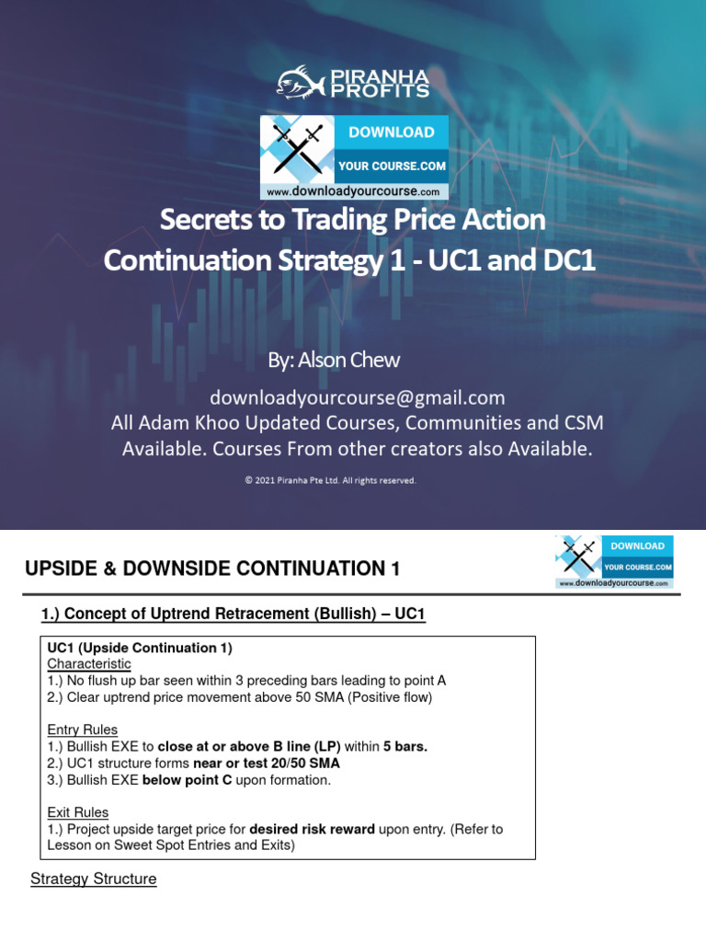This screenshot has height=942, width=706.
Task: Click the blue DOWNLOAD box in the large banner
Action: (391, 132)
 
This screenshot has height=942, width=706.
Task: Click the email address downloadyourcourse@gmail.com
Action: (358, 397)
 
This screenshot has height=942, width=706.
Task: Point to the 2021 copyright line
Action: (331, 479)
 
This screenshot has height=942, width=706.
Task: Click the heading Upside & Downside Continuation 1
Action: (212, 569)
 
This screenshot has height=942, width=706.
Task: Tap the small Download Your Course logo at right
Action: (614, 561)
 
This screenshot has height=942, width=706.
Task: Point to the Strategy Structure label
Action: (94, 879)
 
